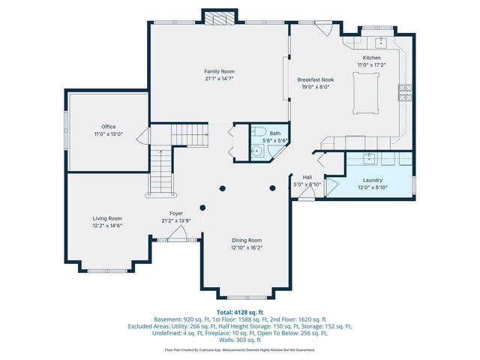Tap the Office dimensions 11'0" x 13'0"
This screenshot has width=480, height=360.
108,134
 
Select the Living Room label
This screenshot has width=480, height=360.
107,217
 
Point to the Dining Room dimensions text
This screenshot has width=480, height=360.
246,247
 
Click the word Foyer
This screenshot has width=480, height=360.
176,214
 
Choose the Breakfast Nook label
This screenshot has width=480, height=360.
315,79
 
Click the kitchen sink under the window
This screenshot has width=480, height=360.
380,41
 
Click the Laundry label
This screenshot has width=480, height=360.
373,180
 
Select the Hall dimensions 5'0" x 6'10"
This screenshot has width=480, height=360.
307,184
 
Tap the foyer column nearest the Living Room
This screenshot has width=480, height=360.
202,208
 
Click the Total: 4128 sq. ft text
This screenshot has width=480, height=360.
239,312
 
